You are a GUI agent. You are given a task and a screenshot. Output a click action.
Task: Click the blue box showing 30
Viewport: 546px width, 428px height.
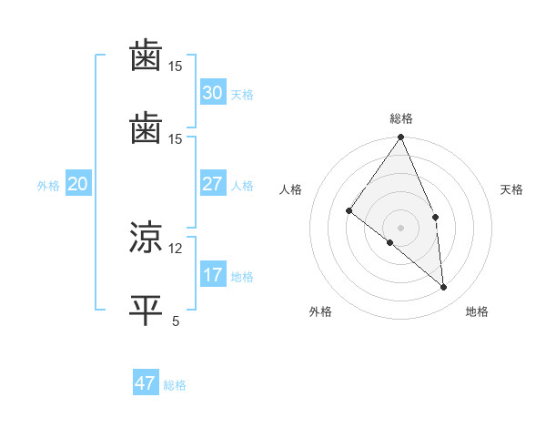click(213, 93)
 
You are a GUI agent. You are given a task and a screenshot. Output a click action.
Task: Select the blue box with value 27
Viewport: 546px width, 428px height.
click(213, 184)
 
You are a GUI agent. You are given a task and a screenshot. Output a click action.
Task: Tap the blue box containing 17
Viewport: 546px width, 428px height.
click(213, 275)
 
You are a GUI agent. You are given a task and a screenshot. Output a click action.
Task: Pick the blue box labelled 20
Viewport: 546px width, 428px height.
click(78, 184)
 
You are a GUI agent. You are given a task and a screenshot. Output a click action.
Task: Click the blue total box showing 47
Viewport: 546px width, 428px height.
click(146, 383)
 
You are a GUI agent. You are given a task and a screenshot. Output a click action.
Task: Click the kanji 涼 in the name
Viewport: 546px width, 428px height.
click(146, 239)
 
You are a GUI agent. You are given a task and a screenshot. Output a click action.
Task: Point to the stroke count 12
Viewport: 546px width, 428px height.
click(176, 248)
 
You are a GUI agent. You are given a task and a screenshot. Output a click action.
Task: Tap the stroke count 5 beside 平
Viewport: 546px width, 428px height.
click(176, 320)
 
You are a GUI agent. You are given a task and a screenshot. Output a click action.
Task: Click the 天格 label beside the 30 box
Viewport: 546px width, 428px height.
click(242, 95)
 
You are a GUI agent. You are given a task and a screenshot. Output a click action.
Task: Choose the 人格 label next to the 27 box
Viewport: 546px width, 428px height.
click(242, 186)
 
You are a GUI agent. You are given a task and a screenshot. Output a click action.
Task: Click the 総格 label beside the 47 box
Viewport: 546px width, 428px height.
click(175, 385)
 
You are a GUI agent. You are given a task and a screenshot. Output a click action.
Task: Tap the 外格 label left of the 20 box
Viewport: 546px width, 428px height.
click(48, 186)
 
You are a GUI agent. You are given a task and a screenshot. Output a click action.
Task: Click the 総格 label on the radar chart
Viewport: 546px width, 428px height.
click(401, 118)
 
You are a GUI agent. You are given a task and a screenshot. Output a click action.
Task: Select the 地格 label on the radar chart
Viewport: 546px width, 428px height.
click(477, 311)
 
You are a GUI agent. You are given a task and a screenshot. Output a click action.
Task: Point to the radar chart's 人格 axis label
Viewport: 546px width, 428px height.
click(290, 189)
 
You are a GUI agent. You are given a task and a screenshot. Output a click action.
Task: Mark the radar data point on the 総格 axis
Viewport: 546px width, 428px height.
click(401, 138)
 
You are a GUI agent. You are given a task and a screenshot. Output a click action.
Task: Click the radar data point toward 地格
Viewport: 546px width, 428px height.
click(444, 287)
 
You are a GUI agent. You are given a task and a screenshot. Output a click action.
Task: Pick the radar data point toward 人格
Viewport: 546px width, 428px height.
click(349, 211)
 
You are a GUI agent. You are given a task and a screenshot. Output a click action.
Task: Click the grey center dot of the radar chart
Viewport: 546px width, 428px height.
click(401, 227)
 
